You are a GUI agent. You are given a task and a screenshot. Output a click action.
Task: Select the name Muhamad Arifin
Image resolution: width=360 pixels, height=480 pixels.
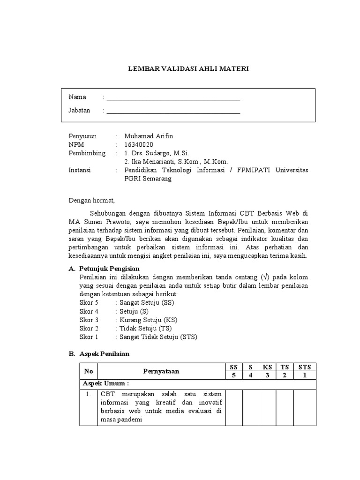(149, 136)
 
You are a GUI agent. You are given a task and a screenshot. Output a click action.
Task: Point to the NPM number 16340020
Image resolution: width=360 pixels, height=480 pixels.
(139, 144)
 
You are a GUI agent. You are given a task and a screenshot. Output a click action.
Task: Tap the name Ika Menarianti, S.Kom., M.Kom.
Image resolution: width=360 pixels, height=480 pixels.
(176, 162)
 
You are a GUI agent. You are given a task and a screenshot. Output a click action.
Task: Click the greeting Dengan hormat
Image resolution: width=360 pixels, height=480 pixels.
(92, 200)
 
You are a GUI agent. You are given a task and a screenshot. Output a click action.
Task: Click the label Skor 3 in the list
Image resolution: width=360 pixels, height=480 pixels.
(89, 320)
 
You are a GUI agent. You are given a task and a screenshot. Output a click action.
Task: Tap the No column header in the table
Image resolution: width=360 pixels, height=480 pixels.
(89, 371)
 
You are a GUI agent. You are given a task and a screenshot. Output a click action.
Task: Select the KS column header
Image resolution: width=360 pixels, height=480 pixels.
(267, 367)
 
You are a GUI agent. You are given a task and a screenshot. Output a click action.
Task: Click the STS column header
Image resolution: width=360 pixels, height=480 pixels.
(305, 367)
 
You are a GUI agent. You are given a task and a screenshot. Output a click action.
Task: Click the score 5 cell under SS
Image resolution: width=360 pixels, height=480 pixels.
(233, 375)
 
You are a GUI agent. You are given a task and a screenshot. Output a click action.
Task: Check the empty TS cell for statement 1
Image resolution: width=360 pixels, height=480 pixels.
(285, 407)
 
